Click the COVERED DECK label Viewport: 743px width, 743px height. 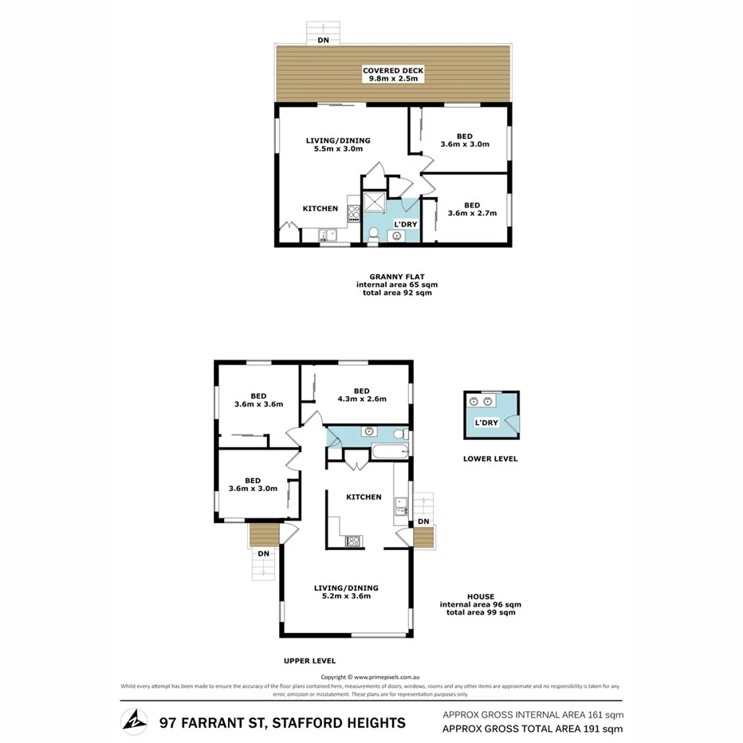tap(393, 70)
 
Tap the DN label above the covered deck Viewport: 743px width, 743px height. tap(323, 39)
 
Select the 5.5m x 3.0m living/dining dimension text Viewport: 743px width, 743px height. tap(338, 149)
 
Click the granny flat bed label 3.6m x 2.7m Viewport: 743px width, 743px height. tap(472, 214)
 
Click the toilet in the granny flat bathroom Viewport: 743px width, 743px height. tap(396, 236)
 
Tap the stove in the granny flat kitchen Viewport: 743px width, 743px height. tap(354, 211)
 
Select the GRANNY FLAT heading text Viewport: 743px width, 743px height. tap(396, 276)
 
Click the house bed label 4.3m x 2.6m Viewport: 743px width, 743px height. tap(361, 399)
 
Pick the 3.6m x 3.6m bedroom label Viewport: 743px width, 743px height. tap(258, 404)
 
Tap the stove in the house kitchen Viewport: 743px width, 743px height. tap(352, 541)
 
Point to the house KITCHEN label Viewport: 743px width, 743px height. tap(364, 497)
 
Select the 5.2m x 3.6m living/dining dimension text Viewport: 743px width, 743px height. tap(345, 596)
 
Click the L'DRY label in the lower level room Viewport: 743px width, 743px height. tap(486, 423)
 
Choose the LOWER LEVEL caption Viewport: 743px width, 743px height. tap(490, 458)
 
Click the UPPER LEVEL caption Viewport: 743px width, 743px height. tap(309, 660)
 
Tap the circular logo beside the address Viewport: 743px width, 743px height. tap(133, 721)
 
